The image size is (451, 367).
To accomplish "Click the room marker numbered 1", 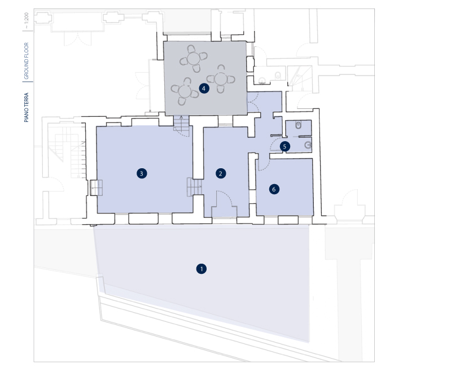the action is click(202, 269).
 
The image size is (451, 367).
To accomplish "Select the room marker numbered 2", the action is click(221, 173).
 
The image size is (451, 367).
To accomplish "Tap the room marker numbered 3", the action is click(142, 173).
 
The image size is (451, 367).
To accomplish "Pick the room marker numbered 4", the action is click(204, 88).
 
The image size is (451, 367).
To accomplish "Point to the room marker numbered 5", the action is click(284, 146).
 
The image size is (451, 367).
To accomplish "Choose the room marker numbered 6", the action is click(274, 189).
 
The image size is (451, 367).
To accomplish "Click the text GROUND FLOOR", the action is click(27, 60).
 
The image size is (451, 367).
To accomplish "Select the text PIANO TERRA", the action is click(27, 107).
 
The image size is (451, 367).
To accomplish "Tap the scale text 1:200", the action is click(27, 19).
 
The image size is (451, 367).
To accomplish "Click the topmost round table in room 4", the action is click(194, 59).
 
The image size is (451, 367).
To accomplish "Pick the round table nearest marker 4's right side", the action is click(221, 79).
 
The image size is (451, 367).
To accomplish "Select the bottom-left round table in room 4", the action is click(185, 91).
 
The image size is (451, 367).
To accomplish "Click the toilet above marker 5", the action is click(299, 125).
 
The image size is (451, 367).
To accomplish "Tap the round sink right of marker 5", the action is click(308, 145).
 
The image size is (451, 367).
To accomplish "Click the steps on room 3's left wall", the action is click(97, 187).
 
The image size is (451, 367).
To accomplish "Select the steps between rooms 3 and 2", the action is click(194, 187).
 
